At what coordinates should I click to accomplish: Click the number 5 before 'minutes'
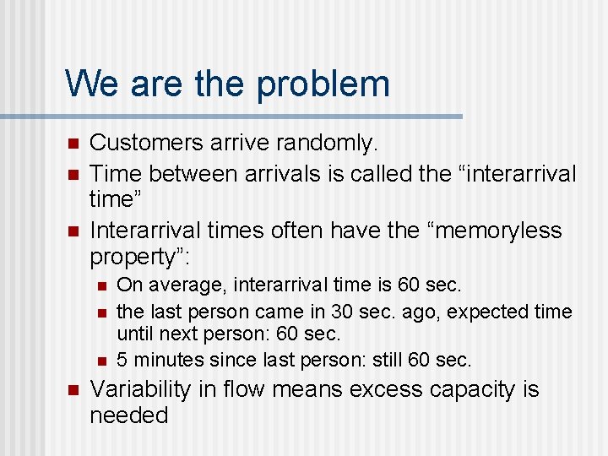click(x=122, y=360)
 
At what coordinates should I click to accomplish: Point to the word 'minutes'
click(x=166, y=360)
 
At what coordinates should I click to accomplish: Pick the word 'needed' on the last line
click(x=129, y=415)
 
